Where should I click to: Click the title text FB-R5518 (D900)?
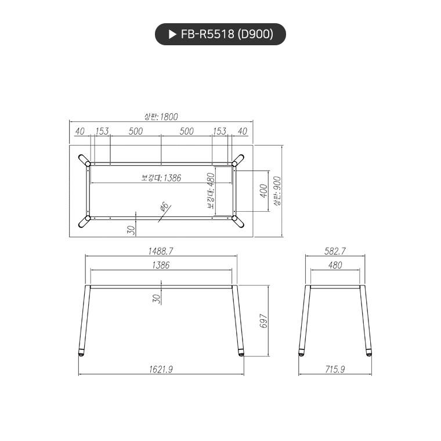pos(226,34)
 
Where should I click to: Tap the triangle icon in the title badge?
pos(172,34)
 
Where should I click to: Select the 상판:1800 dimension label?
pos(161,117)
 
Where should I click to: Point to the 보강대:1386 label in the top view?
pos(161,178)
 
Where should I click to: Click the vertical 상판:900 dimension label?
pos(277,191)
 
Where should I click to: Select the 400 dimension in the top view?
pos(263,191)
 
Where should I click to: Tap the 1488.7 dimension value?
pos(161,251)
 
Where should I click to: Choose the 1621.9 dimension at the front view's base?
pos(161,369)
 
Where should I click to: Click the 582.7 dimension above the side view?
pos(335,251)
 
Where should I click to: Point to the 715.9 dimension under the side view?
pos(335,369)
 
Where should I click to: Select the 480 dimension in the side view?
pos(335,265)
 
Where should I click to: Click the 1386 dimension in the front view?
pos(161,265)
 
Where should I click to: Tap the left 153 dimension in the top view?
pos(102,131)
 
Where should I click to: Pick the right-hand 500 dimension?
pos(186,131)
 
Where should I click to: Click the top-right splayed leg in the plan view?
pos(238,160)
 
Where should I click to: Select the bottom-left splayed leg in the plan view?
pos(84,222)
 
